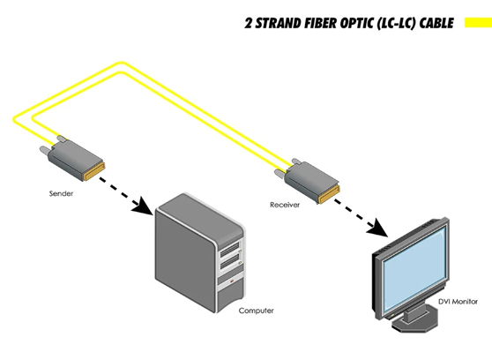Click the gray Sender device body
tap(76, 160)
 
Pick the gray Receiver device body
tap(308, 180)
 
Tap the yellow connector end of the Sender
tap(98, 168)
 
